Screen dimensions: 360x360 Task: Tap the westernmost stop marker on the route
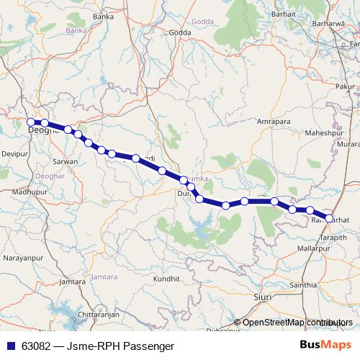(x=31, y=122)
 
